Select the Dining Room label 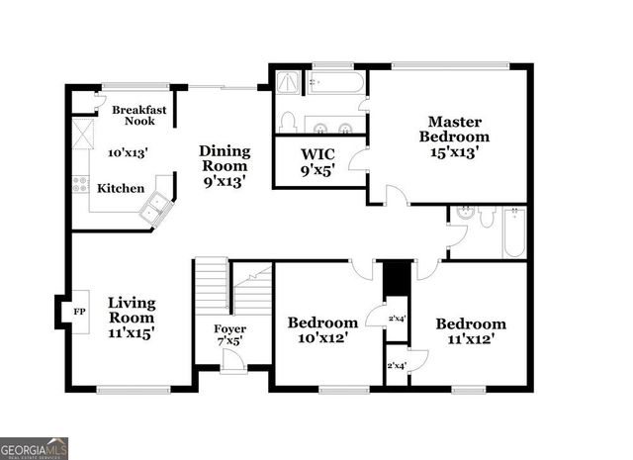[225, 165]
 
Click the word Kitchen [121, 188]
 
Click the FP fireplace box [78, 312]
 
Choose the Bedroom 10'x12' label [322, 330]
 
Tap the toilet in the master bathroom [287, 122]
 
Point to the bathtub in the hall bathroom [513, 232]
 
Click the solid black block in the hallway [396, 278]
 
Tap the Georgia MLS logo [35, 448]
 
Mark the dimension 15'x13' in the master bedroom [454, 152]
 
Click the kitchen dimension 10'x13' [127, 153]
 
